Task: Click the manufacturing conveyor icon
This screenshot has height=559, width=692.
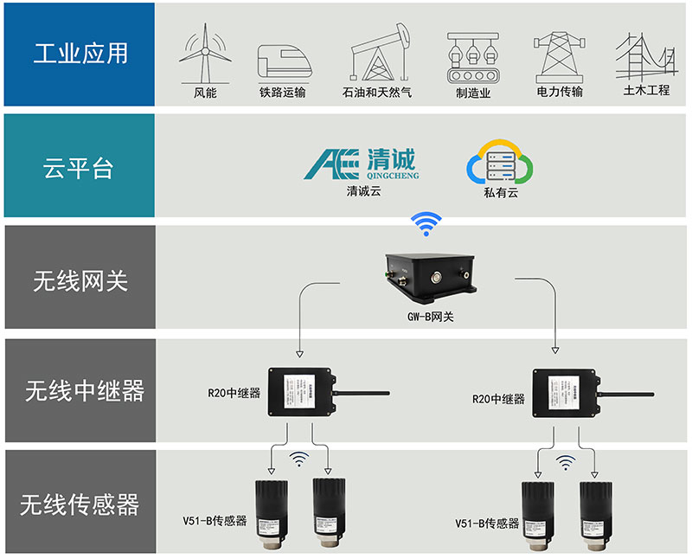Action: tap(473, 57)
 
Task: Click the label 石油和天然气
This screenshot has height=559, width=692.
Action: tap(377, 93)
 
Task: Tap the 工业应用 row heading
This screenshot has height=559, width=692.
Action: tap(80, 54)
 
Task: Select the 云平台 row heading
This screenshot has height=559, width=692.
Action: tap(79, 166)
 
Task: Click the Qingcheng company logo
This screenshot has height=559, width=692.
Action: tap(363, 162)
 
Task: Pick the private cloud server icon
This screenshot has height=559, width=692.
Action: tap(500, 162)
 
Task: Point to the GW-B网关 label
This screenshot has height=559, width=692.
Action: tap(430, 317)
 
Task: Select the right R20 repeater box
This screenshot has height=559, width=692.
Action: tap(565, 391)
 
